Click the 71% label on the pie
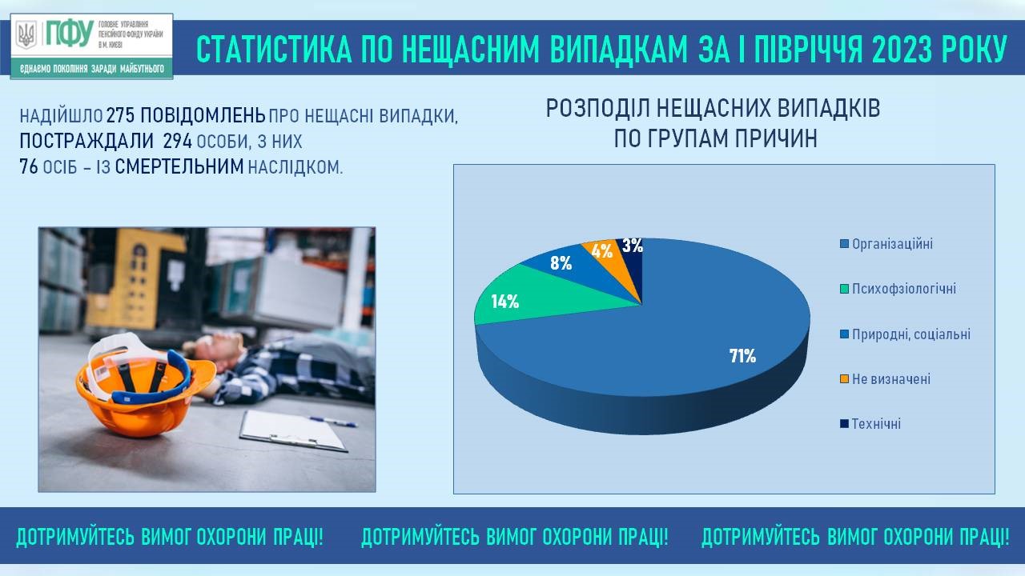(x=742, y=356)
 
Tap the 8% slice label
(x=561, y=263)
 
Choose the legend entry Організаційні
(x=886, y=244)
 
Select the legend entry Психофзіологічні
(x=898, y=289)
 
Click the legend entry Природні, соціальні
(x=905, y=334)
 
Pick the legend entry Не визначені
(x=885, y=379)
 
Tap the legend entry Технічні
(x=870, y=424)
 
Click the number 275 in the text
(x=120, y=116)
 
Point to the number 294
(x=178, y=142)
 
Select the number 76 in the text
(x=29, y=167)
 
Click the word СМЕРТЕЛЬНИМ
(x=179, y=167)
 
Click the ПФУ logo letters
(x=70, y=34)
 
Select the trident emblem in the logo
(x=26, y=34)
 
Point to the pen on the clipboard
(x=333, y=422)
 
